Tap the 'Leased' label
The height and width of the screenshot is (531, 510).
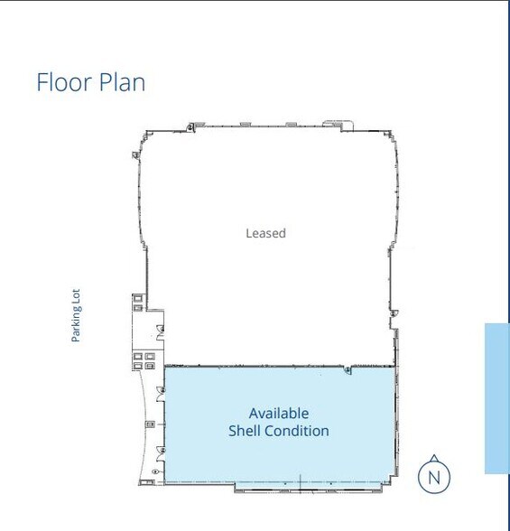pyautogui.click(x=265, y=233)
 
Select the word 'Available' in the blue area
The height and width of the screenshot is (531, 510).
pyautogui.click(x=279, y=413)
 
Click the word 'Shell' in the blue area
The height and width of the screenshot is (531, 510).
pyautogui.click(x=244, y=431)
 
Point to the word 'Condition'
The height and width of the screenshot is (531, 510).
pyautogui.click(x=296, y=431)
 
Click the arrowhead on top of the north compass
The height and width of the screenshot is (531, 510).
pyautogui.click(x=434, y=456)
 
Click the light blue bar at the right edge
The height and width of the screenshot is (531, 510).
pyautogui.click(x=496, y=397)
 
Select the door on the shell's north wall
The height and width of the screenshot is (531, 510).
pyautogui.click(x=348, y=369)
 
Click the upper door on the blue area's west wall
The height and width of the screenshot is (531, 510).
pyautogui.click(x=161, y=389)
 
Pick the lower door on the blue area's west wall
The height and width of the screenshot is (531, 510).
pyautogui.click(x=161, y=448)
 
